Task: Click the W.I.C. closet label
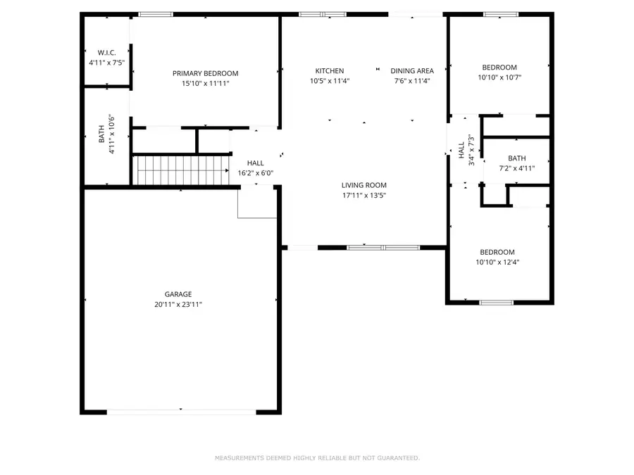point(106,53)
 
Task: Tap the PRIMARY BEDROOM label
point(205,73)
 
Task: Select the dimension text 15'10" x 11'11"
point(205,83)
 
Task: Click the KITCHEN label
point(330,71)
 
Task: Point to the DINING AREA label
point(412,71)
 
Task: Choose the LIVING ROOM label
point(364,186)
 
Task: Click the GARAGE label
point(178,294)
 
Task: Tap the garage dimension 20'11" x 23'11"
point(178,304)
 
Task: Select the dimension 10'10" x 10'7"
point(499,77)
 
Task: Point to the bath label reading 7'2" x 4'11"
point(516,168)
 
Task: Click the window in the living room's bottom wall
point(383,248)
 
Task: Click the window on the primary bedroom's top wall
point(156,14)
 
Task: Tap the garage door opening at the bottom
point(182,411)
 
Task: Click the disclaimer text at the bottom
point(317,458)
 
